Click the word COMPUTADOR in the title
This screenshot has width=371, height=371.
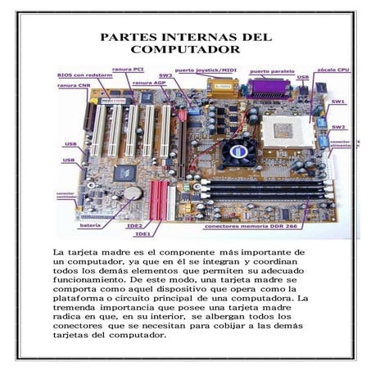coord(185,50)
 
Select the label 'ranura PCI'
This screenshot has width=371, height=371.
coord(129,69)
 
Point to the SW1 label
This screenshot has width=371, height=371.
coord(337,102)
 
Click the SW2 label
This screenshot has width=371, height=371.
coord(338,127)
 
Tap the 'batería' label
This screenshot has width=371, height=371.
coord(90,224)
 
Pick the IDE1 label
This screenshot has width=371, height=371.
coord(143,233)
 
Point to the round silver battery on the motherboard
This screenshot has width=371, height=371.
coord(133,193)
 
